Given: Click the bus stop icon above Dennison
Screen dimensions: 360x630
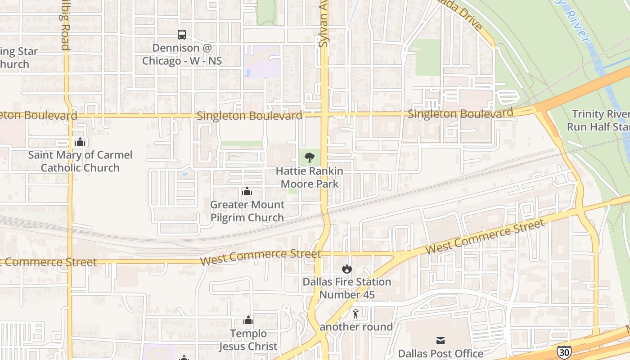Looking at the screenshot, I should point(182,35).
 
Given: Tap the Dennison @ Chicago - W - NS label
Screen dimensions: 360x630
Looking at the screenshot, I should point(182,54).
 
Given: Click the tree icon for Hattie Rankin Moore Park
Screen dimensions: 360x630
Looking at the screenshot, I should point(310,157).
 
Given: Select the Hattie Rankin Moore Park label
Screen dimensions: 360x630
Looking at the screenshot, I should point(310,177).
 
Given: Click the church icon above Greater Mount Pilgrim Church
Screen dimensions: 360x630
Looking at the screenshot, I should point(247,192).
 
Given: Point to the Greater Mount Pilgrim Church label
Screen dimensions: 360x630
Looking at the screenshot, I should point(247,211).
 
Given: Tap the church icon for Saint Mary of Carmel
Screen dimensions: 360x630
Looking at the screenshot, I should point(80,142).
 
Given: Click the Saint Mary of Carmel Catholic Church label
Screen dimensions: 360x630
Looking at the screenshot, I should point(80,162).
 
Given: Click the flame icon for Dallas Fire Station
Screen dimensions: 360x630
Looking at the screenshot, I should point(346,269).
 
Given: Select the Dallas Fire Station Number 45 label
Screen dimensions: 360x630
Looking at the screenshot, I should point(346,288).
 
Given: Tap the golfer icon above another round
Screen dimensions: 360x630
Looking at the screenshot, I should point(356,314).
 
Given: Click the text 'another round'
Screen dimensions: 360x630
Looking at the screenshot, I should point(356,327).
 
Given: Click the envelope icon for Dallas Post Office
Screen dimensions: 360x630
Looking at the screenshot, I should point(441,341).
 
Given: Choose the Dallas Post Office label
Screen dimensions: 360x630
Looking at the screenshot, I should point(441,354).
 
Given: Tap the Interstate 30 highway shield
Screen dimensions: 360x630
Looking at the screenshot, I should point(562,352).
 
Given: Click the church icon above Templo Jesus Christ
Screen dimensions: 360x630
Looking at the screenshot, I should point(248,320).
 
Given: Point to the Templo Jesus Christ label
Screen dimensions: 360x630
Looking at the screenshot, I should point(248,340).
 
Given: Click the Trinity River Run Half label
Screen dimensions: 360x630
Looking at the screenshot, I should point(598,120).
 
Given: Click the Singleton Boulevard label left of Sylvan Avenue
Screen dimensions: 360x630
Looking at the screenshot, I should point(249,116).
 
